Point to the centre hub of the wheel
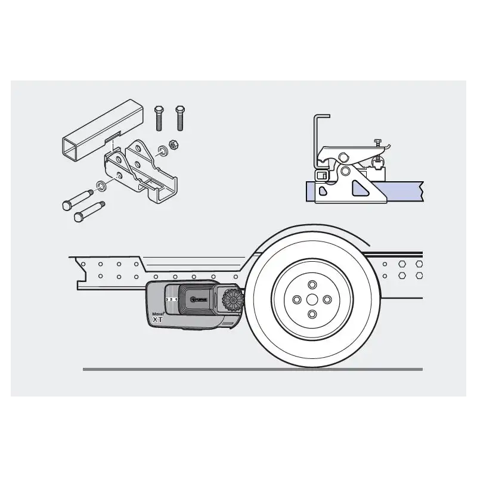[x=311, y=298]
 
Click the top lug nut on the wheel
[x=311, y=283]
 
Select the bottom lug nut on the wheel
[x=311, y=314]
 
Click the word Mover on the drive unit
[x=158, y=313]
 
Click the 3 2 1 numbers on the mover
[x=172, y=298]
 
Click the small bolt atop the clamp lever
[x=377, y=143]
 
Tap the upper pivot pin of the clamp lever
[x=343, y=157]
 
